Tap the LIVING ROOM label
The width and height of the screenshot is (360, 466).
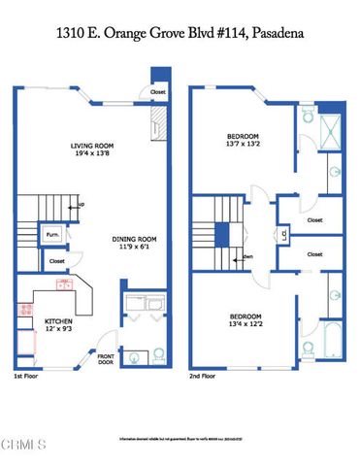(x=94, y=147)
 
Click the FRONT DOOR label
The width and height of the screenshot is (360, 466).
(x=106, y=361)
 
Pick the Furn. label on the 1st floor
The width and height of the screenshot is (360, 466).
(x=51, y=235)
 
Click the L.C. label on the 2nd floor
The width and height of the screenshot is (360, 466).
(x=282, y=234)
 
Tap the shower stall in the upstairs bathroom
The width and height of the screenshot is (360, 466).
(x=331, y=130)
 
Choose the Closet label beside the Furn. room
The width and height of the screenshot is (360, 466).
(x=56, y=260)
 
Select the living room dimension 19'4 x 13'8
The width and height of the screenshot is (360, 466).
(x=94, y=155)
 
